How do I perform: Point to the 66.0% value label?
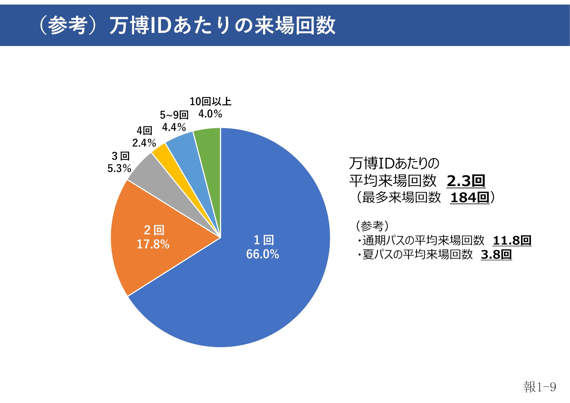pos(262,254)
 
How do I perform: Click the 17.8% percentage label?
pos(153,244)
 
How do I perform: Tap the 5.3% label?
pos(119,168)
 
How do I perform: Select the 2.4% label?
pos(144,143)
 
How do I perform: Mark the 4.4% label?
pos(174,127)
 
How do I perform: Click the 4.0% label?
pos(210,114)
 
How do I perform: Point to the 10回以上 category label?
pos(210,101)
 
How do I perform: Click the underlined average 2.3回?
pos(466,181)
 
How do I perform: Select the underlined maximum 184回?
pos(470,198)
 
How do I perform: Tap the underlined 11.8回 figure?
pos(512,240)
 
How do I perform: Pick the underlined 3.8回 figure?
pos(496,254)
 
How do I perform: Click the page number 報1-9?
pos(539,387)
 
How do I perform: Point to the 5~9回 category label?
pos(174,115)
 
